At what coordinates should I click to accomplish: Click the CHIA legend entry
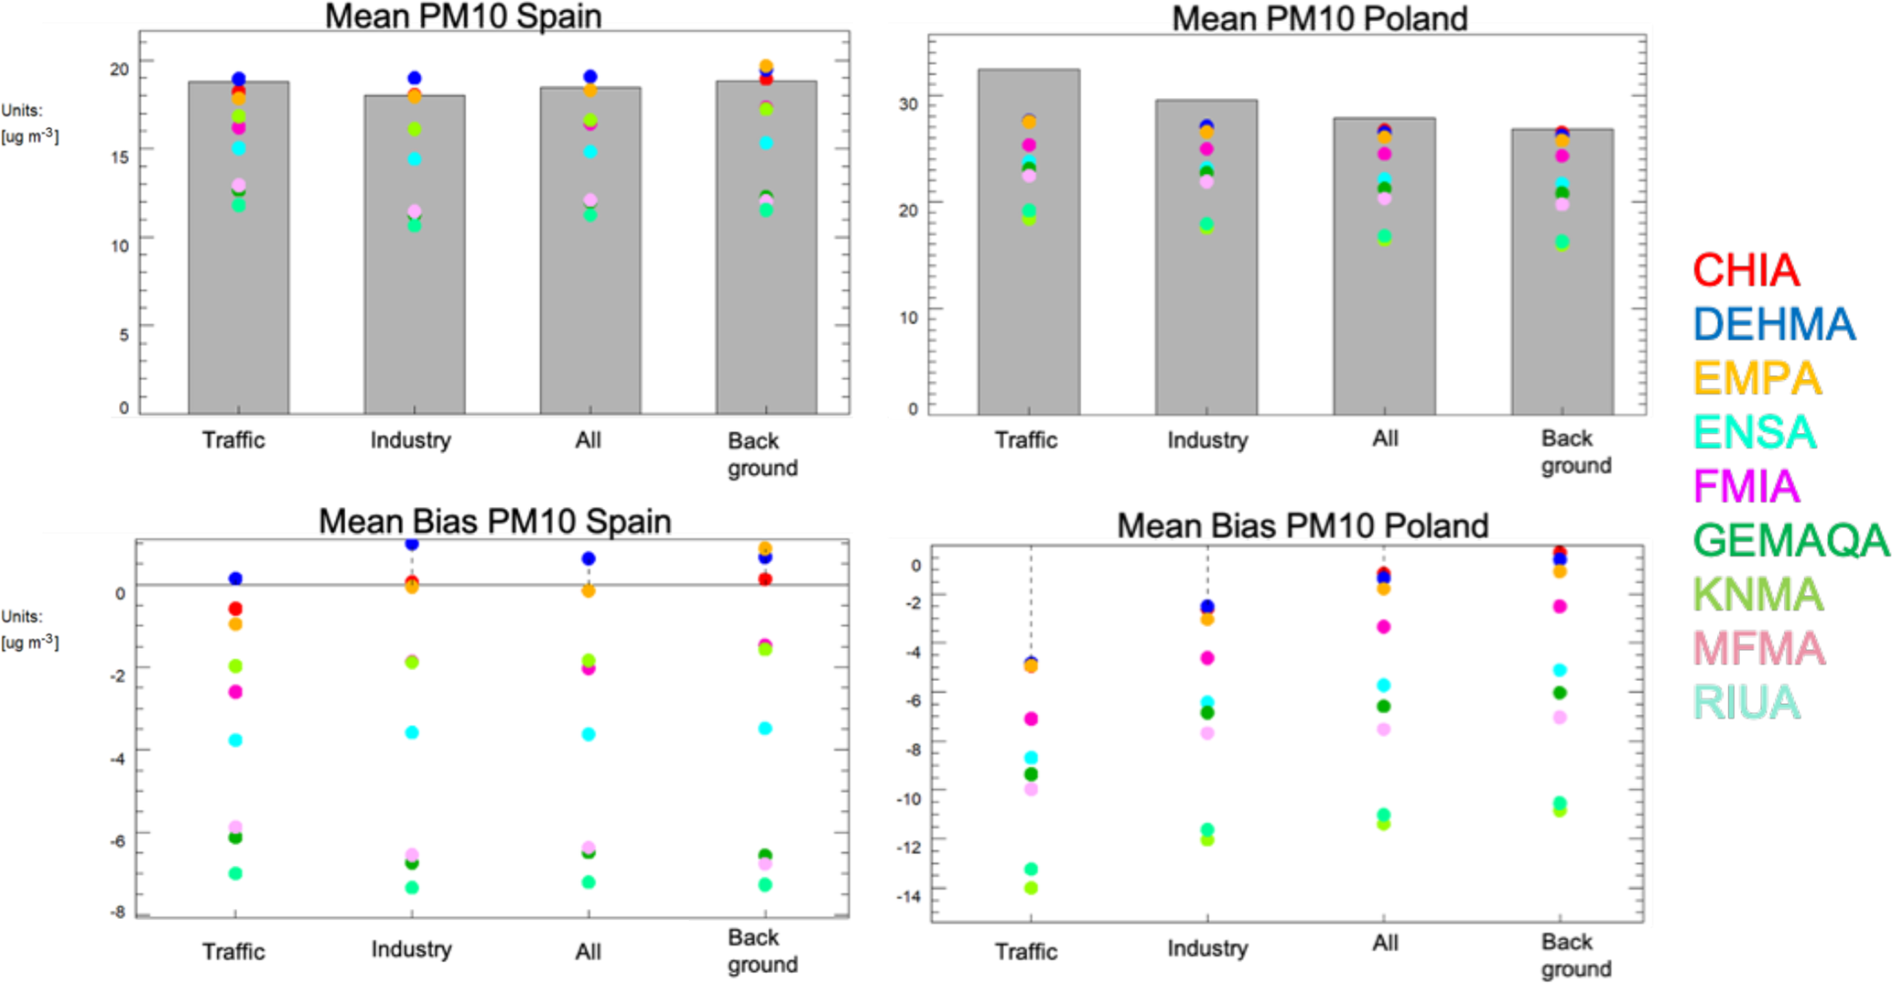(x=1745, y=271)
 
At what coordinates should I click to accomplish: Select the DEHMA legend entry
(x=1773, y=325)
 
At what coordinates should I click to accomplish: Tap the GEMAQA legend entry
(x=1790, y=541)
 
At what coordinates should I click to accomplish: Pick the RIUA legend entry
(x=1746, y=703)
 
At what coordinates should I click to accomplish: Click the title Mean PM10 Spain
(x=463, y=16)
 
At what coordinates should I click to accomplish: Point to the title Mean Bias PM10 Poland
(x=1302, y=525)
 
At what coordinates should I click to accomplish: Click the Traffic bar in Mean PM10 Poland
(x=1028, y=242)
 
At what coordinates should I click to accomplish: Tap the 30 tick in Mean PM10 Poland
(x=908, y=103)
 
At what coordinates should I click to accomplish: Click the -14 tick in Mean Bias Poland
(x=909, y=895)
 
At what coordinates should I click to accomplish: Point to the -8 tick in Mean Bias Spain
(x=117, y=912)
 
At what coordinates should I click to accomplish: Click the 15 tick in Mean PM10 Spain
(x=119, y=157)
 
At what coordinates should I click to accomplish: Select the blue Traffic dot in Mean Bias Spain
(x=235, y=579)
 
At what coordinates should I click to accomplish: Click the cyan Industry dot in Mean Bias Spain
(x=412, y=732)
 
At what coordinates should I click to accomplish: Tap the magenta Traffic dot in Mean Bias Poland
(x=1031, y=719)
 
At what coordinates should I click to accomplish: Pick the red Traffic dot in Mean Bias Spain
(x=235, y=609)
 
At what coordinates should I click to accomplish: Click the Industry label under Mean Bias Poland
(x=1207, y=947)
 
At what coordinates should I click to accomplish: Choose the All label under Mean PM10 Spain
(x=589, y=440)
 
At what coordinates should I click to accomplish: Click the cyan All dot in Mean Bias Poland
(x=1384, y=686)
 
